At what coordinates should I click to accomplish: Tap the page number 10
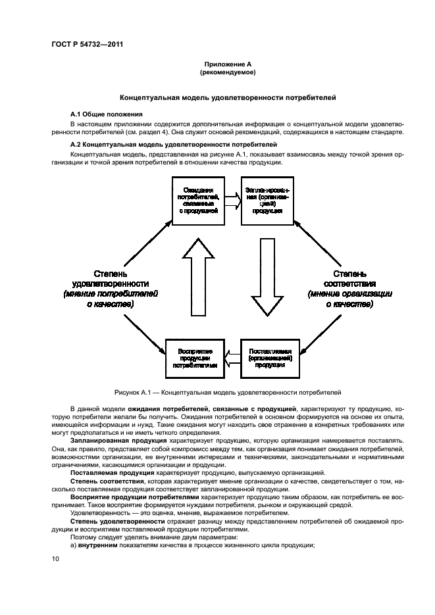pos(55,558)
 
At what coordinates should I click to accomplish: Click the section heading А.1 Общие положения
pos(107,114)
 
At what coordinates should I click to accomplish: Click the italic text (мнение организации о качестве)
pos(349,299)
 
